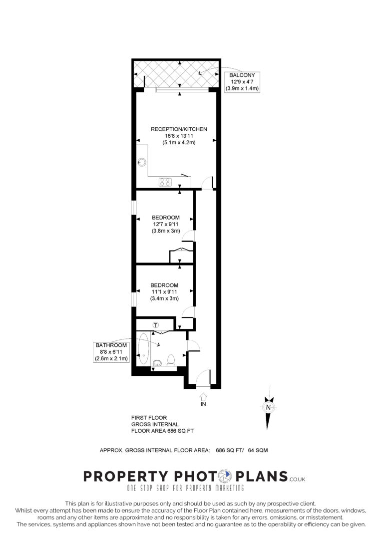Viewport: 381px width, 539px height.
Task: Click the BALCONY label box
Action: click(242, 82)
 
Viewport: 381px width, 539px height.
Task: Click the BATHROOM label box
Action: click(111, 352)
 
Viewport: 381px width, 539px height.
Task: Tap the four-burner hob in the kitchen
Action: click(165, 182)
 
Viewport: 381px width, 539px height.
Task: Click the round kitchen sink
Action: click(142, 162)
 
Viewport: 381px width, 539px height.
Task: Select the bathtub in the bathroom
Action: click(144, 349)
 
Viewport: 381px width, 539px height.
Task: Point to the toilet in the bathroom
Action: click(171, 359)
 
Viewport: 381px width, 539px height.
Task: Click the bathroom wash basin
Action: click(157, 362)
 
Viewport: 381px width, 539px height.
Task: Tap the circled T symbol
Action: click(155, 325)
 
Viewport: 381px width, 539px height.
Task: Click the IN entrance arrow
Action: click(203, 397)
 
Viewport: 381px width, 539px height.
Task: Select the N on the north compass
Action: click(269, 407)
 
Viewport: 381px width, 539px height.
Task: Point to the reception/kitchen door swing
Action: click(207, 183)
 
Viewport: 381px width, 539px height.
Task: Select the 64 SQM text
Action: click(258, 450)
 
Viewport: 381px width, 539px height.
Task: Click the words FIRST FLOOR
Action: click(149, 418)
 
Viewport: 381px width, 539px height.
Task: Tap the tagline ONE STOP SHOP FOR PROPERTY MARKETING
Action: click(185, 488)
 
